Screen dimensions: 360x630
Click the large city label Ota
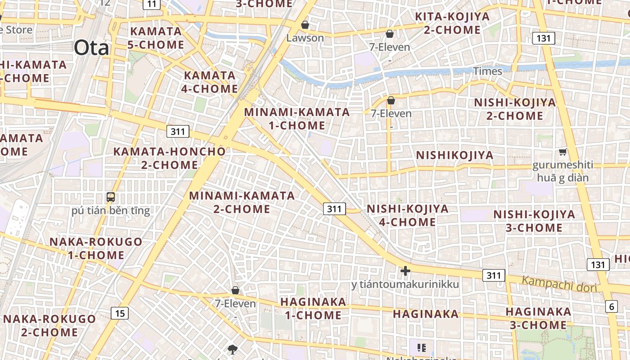click(x=91, y=47)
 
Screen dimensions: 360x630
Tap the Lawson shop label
click(x=305, y=38)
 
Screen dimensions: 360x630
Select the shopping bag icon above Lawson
click(x=305, y=25)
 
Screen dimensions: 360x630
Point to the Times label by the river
click(x=487, y=71)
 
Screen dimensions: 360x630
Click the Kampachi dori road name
click(x=559, y=284)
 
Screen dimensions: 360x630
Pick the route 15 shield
click(x=120, y=313)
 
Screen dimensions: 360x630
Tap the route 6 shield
click(x=612, y=306)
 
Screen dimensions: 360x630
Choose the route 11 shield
click(x=152, y=4)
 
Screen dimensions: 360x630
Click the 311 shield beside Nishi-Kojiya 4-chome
click(x=334, y=208)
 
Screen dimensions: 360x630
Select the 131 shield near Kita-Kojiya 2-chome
click(x=544, y=38)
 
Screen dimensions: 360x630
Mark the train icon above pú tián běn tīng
click(x=110, y=197)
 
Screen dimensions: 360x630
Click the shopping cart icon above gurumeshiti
click(x=562, y=152)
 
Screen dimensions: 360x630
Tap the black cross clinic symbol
click(x=405, y=271)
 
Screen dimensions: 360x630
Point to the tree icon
click(x=233, y=349)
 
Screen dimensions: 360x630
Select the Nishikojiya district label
click(x=454, y=155)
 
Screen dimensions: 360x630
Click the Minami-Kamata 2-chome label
click(x=242, y=202)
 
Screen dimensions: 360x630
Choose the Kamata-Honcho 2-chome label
click(x=169, y=158)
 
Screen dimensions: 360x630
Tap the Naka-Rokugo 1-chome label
click(x=95, y=248)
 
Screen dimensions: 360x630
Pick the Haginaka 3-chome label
click(x=538, y=318)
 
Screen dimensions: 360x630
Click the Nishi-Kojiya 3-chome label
click(x=534, y=220)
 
